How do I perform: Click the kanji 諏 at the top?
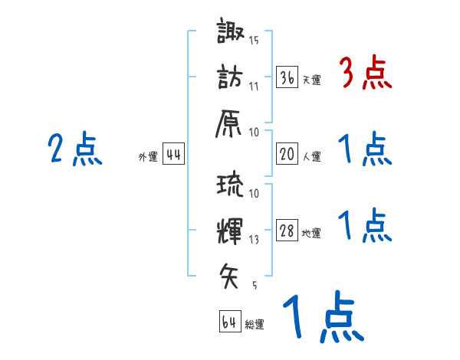click(x=231, y=33)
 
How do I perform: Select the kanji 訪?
click(x=231, y=77)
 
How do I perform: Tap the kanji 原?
click(x=231, y=123)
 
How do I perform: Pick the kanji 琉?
click(x=231, y=185)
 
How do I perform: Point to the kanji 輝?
click(x=231, y=230)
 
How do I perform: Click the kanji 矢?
click(x=231, y=273)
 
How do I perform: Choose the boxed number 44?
click(x=174, y=155)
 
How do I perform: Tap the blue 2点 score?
click(x=75, y=149)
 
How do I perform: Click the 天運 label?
click(x=312, y=80)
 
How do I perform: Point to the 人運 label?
click(x=312, y=157)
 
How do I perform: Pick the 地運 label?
click(x=312, y=234)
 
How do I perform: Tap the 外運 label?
click(x=148, y=158)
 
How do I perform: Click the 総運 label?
click(x=255, y=324)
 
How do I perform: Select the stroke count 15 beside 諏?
click(x=254, y=41)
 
